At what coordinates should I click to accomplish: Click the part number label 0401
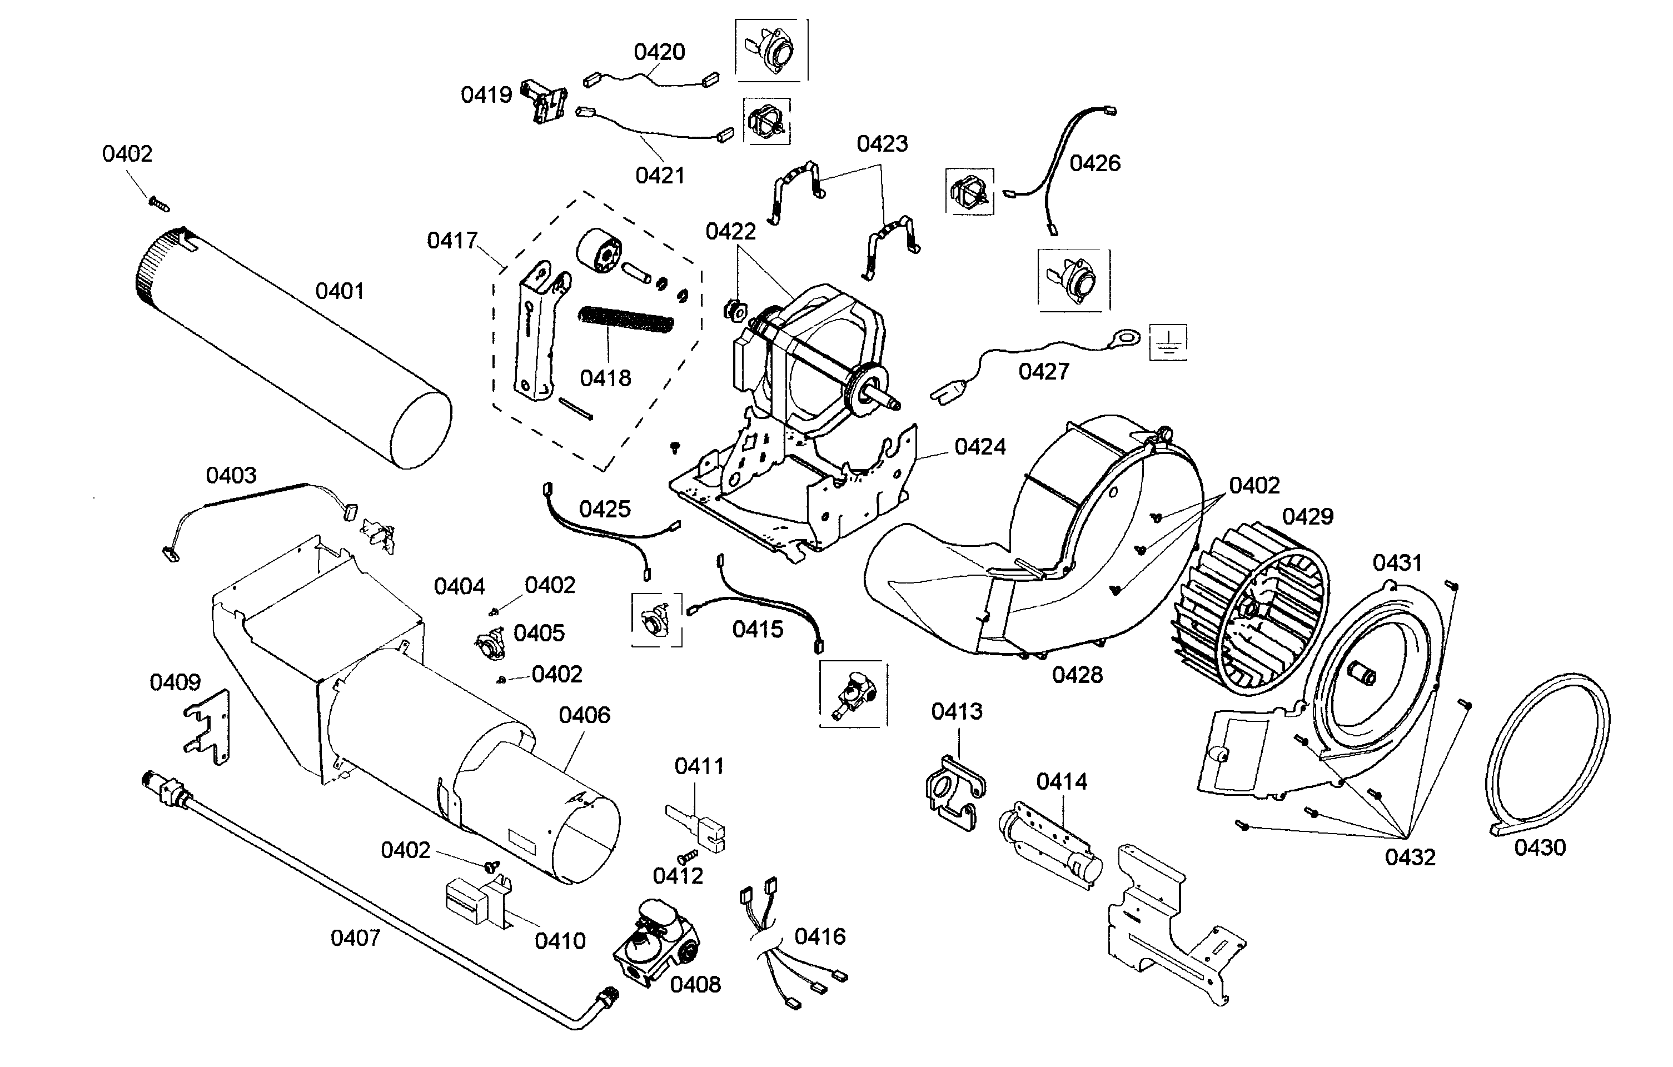pyautogui.click(x=339, y=291)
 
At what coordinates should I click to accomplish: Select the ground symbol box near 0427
pyautogui.click(x=1168, y=342)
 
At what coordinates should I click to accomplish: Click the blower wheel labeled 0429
pyautogui.click(x=1251, y=611)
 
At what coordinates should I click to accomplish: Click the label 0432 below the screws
pyautogui.click(x=1410, y=857)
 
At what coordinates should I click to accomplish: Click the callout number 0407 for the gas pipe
pyautogui.click(x=355, y=939)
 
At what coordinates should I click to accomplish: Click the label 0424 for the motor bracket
pyautogui.click(x=979, y=447)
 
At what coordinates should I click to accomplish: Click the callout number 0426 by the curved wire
pyautogui.click(x=1094, y=163)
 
